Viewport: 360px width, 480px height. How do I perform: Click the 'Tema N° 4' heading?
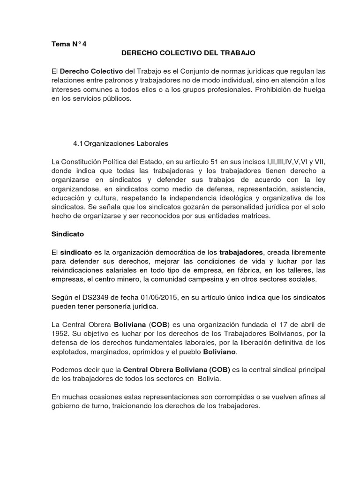[x=69, y=45]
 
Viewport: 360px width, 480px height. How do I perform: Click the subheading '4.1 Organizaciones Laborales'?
[x=120, y=143]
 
